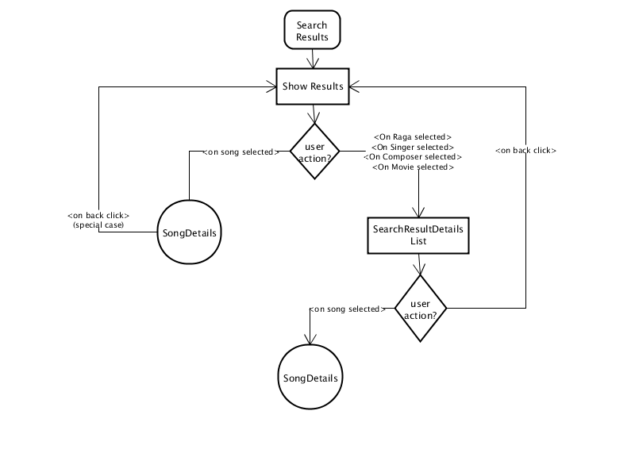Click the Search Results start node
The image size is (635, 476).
[x=312, y=30]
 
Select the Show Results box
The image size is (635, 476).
[x=313, y=86]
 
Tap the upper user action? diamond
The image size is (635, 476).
[x=314, y=152]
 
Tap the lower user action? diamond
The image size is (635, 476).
[x=421, y=309]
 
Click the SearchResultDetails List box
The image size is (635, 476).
[x=418, y=236]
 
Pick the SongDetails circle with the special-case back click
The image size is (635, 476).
[x=189, y=232]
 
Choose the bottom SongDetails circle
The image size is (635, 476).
[x=310, y=377]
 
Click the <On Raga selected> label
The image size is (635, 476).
[x=413, y=137]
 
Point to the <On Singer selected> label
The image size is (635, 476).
[x=413, y=148]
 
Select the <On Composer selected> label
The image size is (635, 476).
[x=413, y=157]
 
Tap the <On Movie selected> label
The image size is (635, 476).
[x=413, y=167]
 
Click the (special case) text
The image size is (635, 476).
[x=98, y=225]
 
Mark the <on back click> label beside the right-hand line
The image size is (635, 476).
[x=525, y=151]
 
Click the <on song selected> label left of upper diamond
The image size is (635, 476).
[x=241, y=152]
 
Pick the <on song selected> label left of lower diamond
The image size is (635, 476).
[x=347, y=309]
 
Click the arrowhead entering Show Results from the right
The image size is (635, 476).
[x=353, y=86]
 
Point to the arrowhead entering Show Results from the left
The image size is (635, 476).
[x=271, y=86]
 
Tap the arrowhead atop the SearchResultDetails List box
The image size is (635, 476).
[x=418, y=213]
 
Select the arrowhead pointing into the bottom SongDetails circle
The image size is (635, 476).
[x=310, y=340]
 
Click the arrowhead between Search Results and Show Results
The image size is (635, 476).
[x=313, y=63]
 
